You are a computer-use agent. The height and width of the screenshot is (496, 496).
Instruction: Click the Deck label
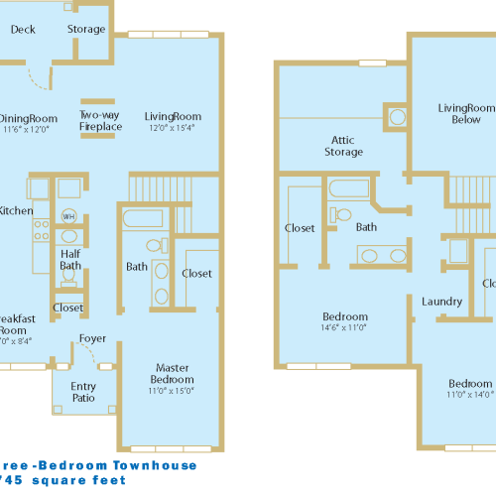23,30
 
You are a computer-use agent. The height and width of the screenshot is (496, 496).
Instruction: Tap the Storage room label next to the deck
86,30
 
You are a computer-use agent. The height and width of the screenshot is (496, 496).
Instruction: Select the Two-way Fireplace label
100,121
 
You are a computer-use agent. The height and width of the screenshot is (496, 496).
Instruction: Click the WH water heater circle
68,215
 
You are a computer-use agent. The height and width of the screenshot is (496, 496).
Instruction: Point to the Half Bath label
69,259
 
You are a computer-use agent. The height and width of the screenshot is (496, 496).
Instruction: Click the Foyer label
93,339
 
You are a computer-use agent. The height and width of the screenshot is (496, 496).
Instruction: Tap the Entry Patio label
83,392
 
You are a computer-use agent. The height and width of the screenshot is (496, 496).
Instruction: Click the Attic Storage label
343,146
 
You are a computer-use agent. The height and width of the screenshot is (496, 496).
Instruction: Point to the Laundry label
440,301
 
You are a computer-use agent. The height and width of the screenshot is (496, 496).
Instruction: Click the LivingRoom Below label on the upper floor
466,113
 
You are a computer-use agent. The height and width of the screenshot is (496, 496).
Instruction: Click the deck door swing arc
38,75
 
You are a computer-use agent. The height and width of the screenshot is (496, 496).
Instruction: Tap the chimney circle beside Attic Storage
397,117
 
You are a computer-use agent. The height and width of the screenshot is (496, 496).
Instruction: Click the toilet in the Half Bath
68,236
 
